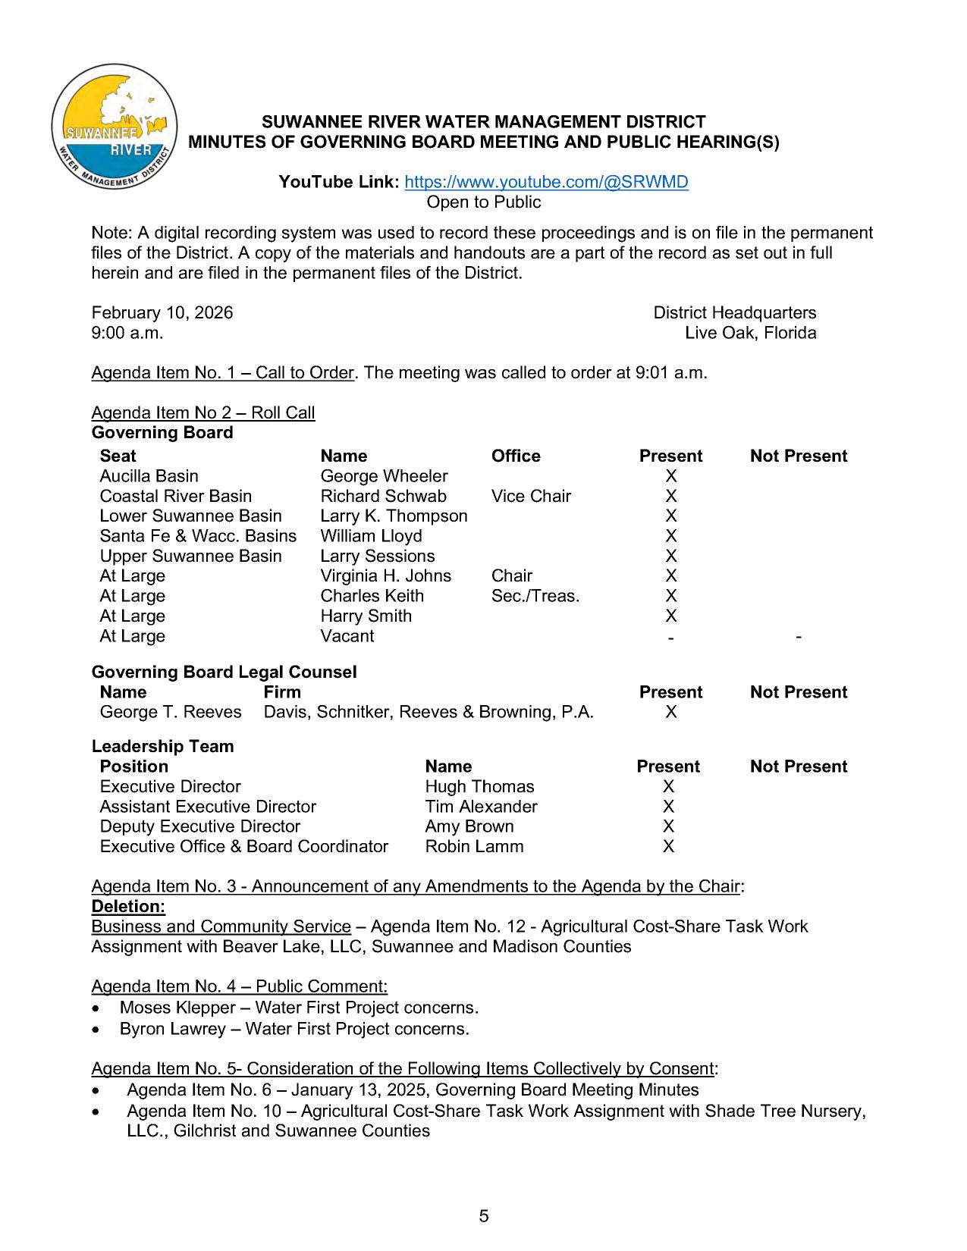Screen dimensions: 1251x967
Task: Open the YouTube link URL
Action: (x=546, y=182)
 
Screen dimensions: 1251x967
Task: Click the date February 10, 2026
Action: (x=162, y=313)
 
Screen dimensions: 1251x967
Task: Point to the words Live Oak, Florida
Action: (x=750, y=333)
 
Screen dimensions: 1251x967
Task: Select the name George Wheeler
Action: (x=384, y=476)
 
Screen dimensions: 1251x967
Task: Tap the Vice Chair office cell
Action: (x=531, y=496)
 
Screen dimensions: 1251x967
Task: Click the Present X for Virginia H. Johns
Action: (x=670, y=576)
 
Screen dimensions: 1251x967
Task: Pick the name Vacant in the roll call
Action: (x=347, y=636)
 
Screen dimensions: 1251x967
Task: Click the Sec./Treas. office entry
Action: (x=535, y=596)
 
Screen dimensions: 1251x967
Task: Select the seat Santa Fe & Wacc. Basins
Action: (x=198, y=536)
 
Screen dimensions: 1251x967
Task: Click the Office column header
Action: (x=516, y=456)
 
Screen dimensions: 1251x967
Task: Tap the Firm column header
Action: (x=282, y=692)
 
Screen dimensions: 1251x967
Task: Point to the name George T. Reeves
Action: (x=171, y=712)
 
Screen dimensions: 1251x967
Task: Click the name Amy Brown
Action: (x=469, y=826)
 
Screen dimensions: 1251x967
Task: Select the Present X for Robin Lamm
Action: (x=668, y=846)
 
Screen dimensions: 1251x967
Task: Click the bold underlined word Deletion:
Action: (x=128, y=907)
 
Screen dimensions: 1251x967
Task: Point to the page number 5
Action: (x=484, y=1217)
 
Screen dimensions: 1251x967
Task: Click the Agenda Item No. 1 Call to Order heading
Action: (x=223, y=373)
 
